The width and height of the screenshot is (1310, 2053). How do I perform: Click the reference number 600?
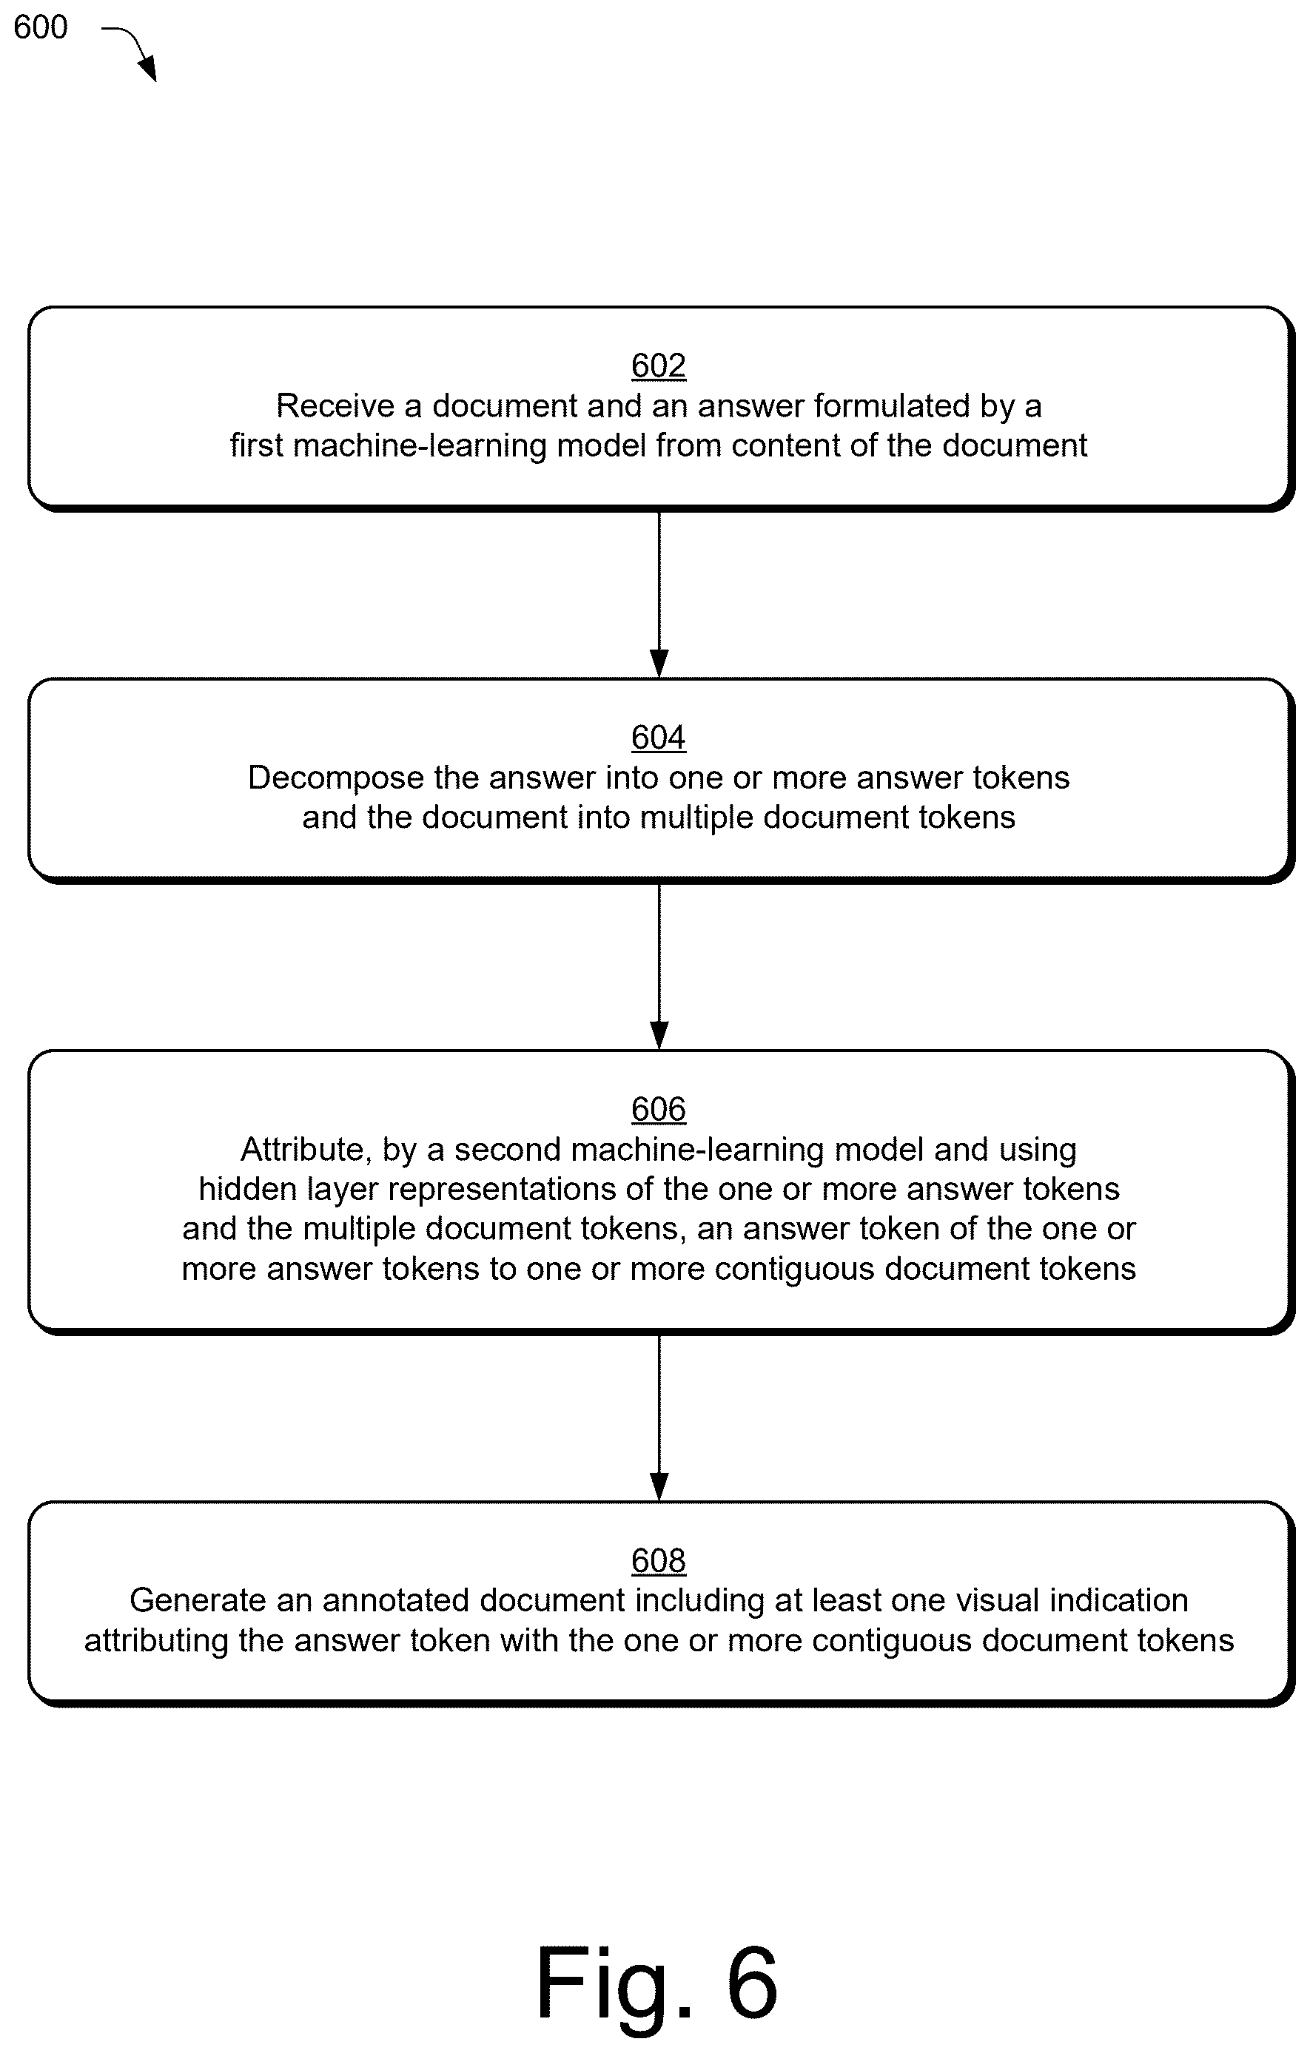point(40,27)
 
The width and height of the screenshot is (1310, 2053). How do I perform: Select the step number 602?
point(659,365)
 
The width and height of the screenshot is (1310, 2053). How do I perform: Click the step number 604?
point(659,738)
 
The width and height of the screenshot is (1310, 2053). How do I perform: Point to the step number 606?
point(659,1109)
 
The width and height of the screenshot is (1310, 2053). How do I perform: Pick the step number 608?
point(659,1561)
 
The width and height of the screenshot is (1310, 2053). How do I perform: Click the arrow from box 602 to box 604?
point(659,594)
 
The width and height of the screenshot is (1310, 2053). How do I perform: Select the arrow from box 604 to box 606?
point(659,966)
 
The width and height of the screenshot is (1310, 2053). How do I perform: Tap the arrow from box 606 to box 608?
point(659,1417)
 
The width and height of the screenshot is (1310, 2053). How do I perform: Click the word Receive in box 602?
point(335,406)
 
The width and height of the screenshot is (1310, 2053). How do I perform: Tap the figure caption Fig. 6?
point(656,1981)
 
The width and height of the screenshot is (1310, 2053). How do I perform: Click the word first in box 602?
point(257,446)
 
